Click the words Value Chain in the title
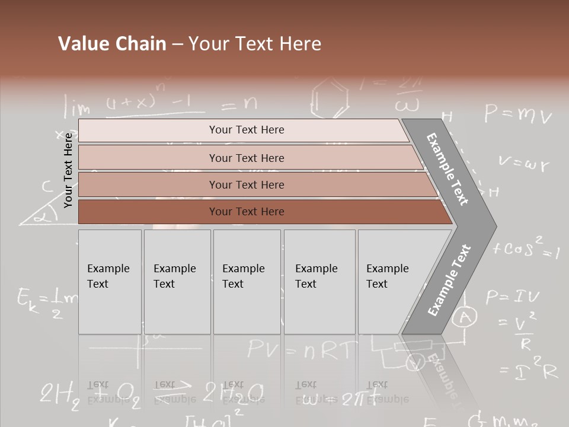(x=112, y=44)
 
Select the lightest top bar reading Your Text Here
(x=246, y=130)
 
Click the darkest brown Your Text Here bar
(x=246, y=212)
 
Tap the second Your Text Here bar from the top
(x=246, y=158)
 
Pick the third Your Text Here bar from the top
(x=246, y=184)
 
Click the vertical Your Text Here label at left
(x=69, y=170)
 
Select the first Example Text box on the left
(x=110, y=282)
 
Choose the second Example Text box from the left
(x=177, y=282)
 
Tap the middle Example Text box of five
(x=247, y=282)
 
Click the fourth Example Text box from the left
(x=319, y=282)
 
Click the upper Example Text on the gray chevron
(x=448, y=169)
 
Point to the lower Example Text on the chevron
(x=449, y=280)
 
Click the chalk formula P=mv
(x=518, y=114)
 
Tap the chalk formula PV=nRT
(x=302, y=349)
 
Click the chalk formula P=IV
(x=513, y=296)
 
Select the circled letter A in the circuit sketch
(x=465, y=317)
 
